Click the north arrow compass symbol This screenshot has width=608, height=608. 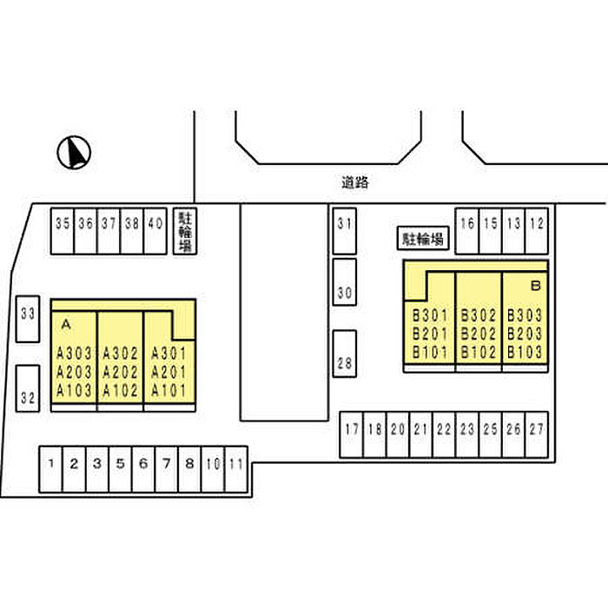pos(74,152)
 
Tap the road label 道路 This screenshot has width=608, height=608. pos(354,182)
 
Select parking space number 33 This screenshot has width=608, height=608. pos(28,319)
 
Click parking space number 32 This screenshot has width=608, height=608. pos(28,388)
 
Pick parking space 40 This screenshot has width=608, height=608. pos(155,231)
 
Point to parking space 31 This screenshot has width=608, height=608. pos(344,231)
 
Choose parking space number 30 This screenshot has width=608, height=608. pos(344,282)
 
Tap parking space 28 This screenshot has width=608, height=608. pos(344,354)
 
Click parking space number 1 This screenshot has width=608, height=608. pos(50,469)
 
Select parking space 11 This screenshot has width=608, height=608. pos(236,469)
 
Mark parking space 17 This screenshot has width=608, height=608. pos(351,434)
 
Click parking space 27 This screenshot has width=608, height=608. pos(537,434)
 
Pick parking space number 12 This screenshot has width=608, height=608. pos(537,231)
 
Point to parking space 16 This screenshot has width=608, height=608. pos(467,231)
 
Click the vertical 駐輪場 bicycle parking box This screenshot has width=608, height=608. pos(185,231)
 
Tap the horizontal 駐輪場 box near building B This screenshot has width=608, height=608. pos(423,238)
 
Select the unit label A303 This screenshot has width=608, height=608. pos(74,354)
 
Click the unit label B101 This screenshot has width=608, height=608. pos(430,352)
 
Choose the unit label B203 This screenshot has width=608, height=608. pos(525,334)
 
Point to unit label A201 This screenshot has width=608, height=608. pos(169,372)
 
